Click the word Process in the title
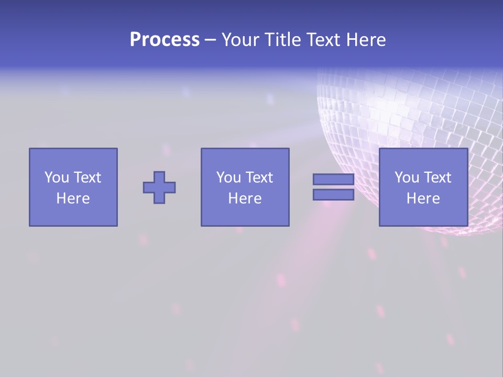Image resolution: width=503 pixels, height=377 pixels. pos(165,40)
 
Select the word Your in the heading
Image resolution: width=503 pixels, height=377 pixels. pos(240,40)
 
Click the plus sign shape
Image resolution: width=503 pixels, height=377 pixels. pos(159,187)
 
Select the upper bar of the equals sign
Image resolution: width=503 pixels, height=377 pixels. pos(333,180)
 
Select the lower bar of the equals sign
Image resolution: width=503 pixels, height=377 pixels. pos(333,195)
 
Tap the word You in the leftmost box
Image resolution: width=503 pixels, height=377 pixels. pos(56,178)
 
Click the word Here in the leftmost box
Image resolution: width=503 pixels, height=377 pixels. pos(73,198)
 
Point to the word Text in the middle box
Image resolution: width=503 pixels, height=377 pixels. pos(259,178)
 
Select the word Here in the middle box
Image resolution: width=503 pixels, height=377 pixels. pos(245,198)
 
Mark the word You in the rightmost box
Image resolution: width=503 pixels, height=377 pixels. pos(406,178)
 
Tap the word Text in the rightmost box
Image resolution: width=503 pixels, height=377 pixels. pos(437,178)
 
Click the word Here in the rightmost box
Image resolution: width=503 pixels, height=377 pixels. pos(423,198)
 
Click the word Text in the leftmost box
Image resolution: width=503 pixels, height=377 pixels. pos(87,178)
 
